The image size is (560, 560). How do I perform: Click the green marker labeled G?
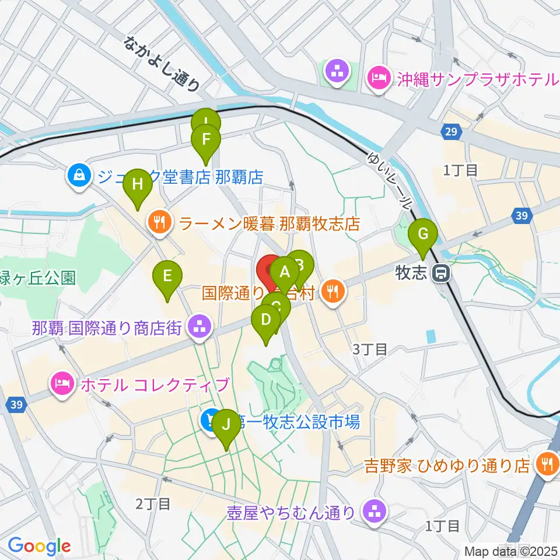424,235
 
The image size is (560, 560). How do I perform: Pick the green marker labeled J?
226,426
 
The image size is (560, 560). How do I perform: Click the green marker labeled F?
205,141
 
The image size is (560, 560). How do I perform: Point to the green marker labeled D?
266,321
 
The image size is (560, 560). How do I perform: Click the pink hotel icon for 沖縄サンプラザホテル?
378,78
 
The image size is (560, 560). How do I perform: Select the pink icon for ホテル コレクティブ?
62,384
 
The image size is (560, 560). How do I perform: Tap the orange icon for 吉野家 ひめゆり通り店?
547,464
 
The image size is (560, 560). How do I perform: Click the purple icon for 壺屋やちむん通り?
373,512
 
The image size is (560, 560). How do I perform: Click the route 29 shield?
449,133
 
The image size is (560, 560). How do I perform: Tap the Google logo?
39,546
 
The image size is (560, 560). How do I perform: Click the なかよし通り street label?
162,63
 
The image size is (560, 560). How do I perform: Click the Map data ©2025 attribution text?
511,551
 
